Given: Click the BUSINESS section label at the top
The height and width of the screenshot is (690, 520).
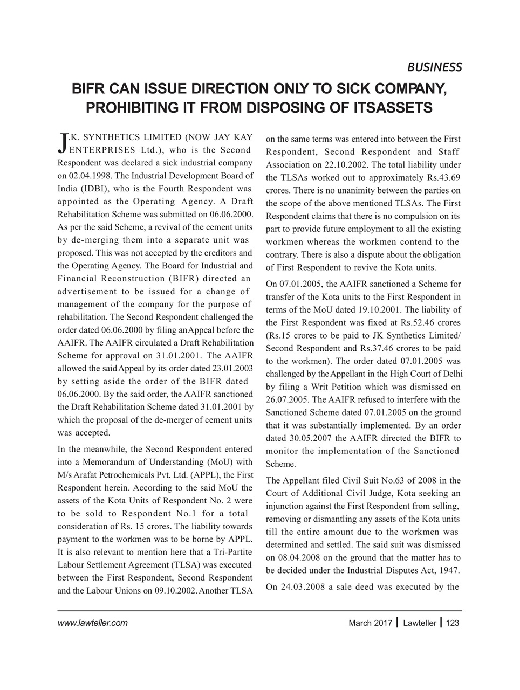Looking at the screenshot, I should coord(434,67).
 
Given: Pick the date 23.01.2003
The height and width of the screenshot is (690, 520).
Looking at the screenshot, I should coord(230,369).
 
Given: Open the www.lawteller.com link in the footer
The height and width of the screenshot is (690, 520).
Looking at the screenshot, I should coord(92,623).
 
